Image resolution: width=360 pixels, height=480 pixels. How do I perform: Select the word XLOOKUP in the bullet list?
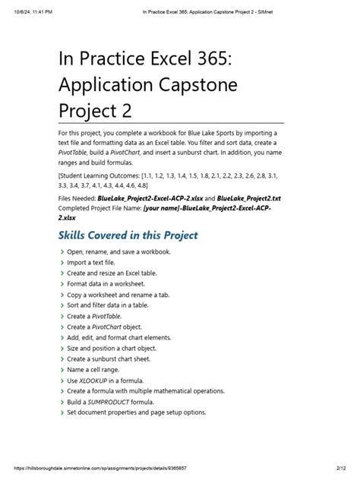click(x=94, y=380)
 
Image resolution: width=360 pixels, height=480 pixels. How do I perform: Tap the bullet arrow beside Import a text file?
click(x=62, y=262)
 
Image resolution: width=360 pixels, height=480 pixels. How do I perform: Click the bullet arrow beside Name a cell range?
click(x=62, y=369)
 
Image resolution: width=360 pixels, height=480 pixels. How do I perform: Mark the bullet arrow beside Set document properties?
click(x=62, y=412)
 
